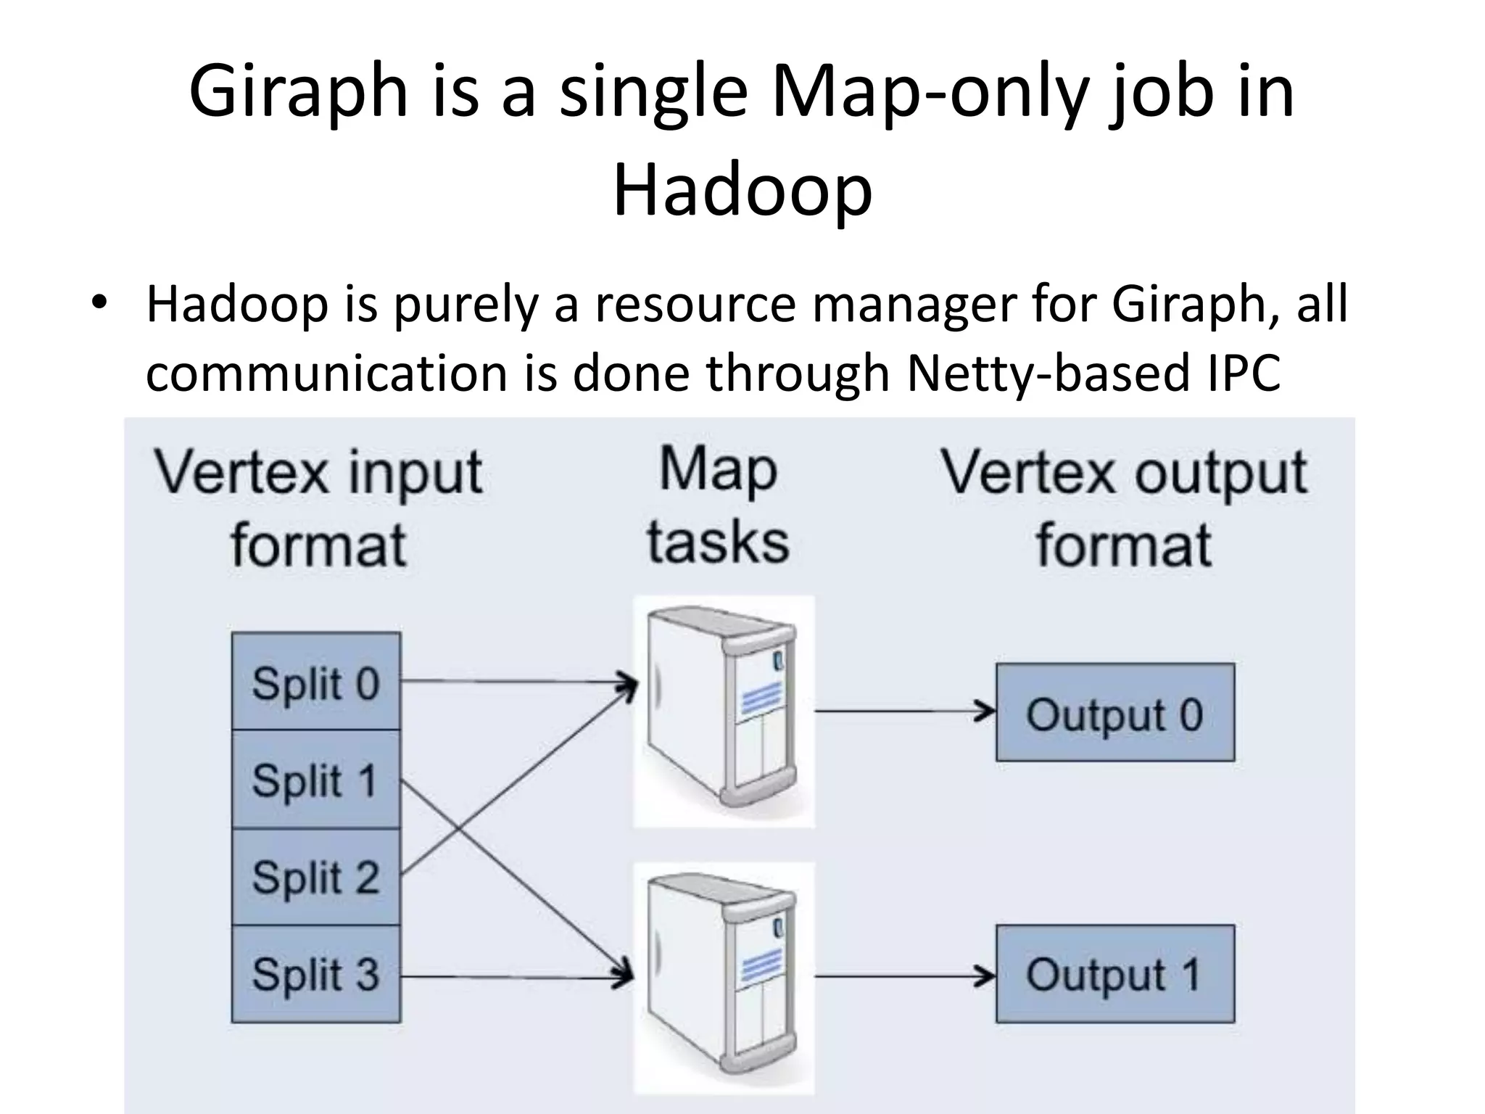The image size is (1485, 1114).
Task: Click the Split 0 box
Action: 315,682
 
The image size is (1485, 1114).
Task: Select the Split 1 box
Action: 315,780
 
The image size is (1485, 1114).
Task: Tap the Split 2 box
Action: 315,877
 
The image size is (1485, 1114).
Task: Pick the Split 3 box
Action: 315,974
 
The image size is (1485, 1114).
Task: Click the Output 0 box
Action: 1114,712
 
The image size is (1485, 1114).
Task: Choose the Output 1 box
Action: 1114,974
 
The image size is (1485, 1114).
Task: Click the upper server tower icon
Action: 724,711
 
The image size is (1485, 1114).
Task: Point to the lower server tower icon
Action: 724,978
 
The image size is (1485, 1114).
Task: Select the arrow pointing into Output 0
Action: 906,711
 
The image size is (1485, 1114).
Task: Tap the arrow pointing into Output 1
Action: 906,976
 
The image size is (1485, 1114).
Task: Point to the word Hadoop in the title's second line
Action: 742,190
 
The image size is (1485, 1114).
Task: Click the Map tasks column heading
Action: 718,506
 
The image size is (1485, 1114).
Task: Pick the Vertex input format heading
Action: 318,508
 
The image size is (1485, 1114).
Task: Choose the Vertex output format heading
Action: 1124,508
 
